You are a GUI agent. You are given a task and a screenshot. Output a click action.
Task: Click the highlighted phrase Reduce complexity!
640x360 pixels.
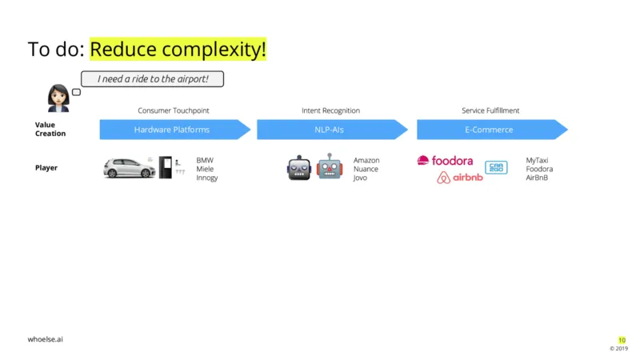coord(178,49)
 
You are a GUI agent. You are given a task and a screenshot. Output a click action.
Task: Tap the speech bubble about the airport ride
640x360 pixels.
coord(152,78)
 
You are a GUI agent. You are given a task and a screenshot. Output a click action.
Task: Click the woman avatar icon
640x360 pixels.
coord(58,98)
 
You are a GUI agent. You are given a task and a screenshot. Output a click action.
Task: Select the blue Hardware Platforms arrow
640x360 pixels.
coord(174,130)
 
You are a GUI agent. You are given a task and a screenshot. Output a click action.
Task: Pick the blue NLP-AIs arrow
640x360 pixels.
coord(332,130)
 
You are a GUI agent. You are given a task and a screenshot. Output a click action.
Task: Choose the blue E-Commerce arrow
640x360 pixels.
coord(492,130)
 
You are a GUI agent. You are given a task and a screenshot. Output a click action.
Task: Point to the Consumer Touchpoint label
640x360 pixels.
coord(173,110)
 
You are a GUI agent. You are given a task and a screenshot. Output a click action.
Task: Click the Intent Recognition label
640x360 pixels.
coord(330,110)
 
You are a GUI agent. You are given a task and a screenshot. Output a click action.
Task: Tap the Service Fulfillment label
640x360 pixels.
coord(490,110)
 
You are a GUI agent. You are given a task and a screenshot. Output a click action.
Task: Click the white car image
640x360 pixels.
coord(129,168)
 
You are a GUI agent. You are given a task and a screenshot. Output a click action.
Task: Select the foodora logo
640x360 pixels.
coord(445,161)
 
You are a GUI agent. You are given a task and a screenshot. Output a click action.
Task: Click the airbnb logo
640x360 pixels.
coord(459,178)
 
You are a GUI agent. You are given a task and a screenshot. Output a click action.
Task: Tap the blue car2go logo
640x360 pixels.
coord(496,167)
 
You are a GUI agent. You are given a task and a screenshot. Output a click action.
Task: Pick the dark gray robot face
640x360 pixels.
coord(298,168)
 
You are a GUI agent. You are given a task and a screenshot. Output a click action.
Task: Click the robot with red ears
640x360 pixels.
coord(330,166)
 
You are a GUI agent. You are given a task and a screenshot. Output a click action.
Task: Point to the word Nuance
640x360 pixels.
coord(366,169)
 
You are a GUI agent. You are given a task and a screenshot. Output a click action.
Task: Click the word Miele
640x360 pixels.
coord(205,169)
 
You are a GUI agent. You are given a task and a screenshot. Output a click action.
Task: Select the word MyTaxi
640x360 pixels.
coord(537,161)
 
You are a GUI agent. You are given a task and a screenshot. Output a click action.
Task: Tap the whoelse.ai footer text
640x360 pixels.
coord(46,339)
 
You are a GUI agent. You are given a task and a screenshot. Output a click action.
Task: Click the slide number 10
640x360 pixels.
coord(622,340)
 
